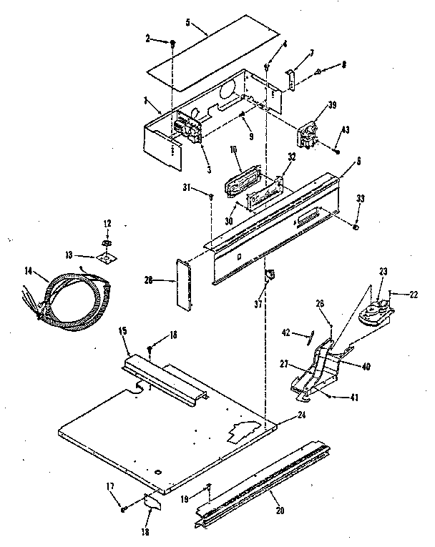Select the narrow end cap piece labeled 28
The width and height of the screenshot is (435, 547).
[x=182, y=285]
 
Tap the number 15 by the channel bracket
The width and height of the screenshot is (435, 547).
[x=122, y=332]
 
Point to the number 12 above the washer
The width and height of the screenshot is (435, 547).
[x=108, y=225]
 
